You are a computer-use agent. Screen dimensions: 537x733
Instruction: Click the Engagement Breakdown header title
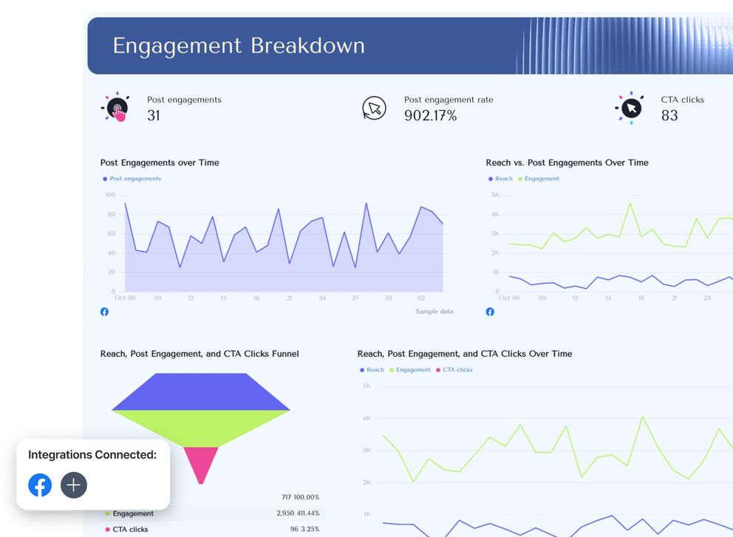(x=238, y=46)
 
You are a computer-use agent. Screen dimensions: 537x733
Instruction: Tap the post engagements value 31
(x=154, y=115)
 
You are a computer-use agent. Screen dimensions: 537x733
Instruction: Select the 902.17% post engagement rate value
(x=430, y=115)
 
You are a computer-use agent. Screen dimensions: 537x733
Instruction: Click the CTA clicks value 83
(x=669, y=115)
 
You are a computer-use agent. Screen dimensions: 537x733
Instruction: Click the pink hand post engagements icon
(x=115, y=109)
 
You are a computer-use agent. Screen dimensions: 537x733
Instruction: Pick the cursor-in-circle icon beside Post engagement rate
(x=374, y=109)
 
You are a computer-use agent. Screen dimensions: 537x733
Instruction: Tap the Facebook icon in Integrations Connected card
(x=40, y=485)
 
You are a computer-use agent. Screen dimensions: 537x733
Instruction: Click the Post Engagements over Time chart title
(x=160, y=163)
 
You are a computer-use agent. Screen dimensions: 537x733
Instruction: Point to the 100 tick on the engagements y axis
(x=110, y=195)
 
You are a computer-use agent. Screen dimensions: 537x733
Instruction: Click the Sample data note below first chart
(x=434, y=312)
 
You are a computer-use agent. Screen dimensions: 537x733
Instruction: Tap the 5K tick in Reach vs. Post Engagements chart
(x=496, y=195)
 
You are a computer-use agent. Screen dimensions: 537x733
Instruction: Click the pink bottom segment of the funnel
(x=201, y=462)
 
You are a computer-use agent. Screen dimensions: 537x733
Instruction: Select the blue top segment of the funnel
(x=201, y=391)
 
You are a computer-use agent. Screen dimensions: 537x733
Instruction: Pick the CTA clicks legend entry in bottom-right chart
(x=457, y=370)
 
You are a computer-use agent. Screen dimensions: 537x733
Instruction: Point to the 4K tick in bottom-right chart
(x=366, y=419)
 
